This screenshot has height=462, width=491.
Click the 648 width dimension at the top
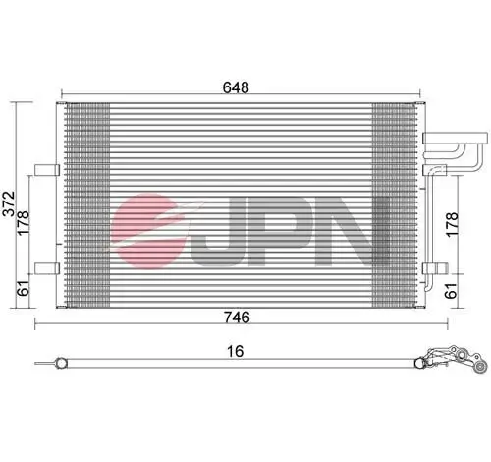tap(236, 87)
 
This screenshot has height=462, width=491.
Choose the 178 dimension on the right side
tap(453, 223)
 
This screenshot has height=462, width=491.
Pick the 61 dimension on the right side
tap(453, 289)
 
